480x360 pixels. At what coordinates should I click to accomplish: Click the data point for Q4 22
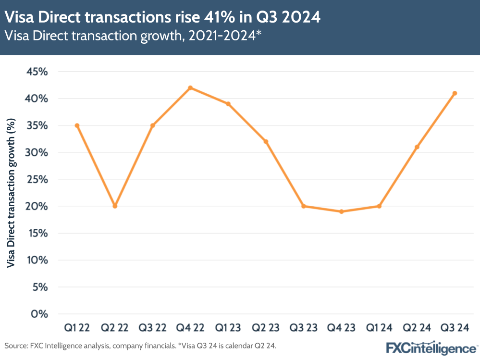pos(190,88)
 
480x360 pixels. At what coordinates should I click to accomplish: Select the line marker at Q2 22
pos(115,206)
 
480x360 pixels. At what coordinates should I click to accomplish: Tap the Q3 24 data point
pos(455,93)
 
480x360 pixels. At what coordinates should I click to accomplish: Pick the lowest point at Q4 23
pos(342,211)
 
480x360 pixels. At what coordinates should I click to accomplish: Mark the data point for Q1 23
pos(228,104)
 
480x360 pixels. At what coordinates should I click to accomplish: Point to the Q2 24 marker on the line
pos(417,147)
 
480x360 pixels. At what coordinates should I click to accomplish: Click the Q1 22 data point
pos(77,125)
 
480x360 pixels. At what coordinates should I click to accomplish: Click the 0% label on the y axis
pos(40,314)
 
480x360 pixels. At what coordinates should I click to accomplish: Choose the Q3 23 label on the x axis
pos(304,328)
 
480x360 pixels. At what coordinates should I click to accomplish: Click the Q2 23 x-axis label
pos(266,328)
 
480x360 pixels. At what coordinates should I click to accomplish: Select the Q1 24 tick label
pos(379,328)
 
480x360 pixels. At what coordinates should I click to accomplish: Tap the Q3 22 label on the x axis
pos(152,328)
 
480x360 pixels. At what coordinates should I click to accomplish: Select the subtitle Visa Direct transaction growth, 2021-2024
pos(133,36)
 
